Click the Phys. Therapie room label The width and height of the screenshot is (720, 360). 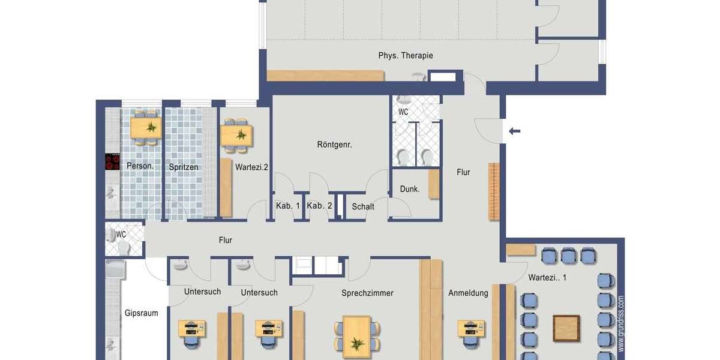coord(405,56)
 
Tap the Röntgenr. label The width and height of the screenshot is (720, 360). coord(334,145)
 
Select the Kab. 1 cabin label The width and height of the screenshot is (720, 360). coord(288,206)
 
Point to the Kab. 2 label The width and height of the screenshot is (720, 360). coord(319,206)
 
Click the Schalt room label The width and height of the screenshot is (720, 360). coord(363,206)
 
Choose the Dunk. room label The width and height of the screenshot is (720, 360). coord(410,189)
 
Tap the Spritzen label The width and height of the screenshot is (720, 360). coord(183,167)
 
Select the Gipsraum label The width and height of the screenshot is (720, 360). coord(141,313)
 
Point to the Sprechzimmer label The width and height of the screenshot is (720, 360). coord(367,293)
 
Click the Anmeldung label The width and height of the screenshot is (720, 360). coord(468,293)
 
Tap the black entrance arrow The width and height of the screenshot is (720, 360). coord(514,131)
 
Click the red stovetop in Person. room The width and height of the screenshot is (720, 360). coord(112,162)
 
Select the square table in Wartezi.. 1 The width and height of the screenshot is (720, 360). coord(566,328)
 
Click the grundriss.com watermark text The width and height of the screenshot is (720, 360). coord(620,323)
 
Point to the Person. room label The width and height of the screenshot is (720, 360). coord(140,166)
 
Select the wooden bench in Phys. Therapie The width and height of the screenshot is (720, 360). coord(325,76)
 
